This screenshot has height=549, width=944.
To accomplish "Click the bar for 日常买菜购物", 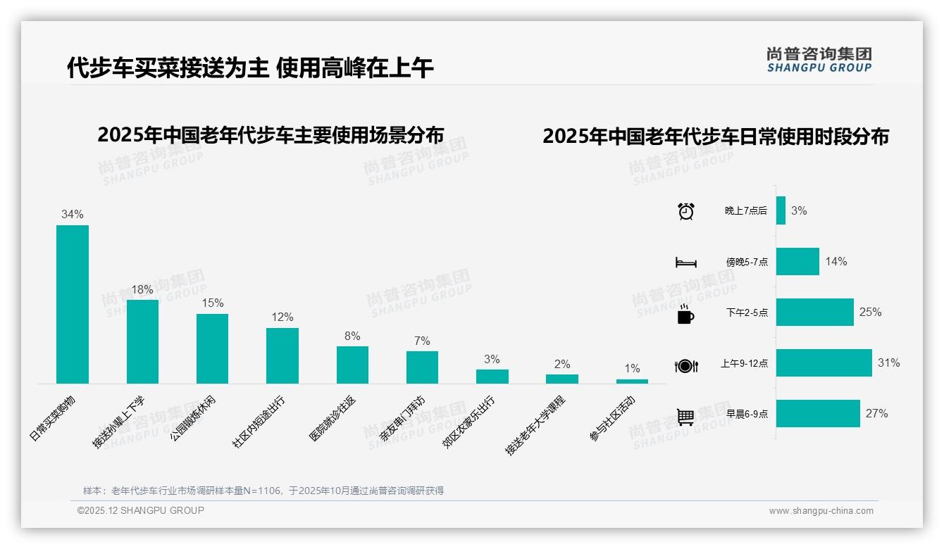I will [73, 304].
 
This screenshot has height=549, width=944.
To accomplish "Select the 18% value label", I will [142, 289].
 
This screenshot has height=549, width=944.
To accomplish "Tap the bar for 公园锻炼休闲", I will [212, 348].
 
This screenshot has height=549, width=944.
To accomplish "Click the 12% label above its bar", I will [282, 317].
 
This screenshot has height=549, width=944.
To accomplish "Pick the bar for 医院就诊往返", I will [352, 365].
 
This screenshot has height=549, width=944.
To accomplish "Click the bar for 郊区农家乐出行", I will [492, 377].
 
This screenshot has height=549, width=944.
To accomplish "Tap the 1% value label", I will [632, 369].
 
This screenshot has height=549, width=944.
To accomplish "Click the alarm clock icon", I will [685, 211].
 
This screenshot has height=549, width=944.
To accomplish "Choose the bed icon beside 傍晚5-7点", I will [685, 262].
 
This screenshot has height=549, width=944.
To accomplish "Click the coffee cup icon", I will [685, 313].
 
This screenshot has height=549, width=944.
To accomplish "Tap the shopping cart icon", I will [685, 417].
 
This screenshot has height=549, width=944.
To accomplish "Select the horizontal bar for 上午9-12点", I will [824, 363].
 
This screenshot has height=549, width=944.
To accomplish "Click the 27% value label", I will [876, 414].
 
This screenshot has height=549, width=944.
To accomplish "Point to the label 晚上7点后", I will [746, 211].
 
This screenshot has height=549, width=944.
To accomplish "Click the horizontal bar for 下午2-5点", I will [814, 313].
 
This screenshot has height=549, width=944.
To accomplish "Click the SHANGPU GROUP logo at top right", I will [819, 60].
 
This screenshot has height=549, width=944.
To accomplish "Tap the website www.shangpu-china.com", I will [821, 511].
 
